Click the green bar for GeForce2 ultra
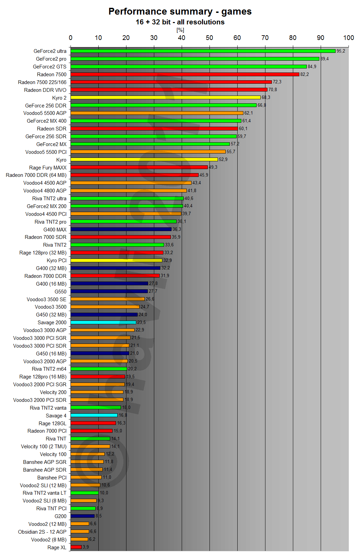point(203,51)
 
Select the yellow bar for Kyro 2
point(165,98)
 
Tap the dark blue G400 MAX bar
point(121,229)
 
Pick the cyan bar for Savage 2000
point(103,323)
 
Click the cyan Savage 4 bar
point(94,415)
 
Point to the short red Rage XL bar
point(76,547)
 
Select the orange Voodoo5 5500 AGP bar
point(157,113)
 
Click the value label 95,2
point(341,51)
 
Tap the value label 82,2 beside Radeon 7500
point(304,75)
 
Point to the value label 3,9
point(86,547)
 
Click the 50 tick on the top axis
point(209,38)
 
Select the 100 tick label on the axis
point(348,38)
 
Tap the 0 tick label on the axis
point(71,38)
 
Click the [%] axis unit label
point(180,30)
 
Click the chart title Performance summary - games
point(180,12)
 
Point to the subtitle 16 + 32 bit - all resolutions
point(180,22)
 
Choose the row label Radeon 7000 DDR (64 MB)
point(36,175)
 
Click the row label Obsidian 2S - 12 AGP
point(42,532)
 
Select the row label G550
point(60,292)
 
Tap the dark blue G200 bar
point(82,516)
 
